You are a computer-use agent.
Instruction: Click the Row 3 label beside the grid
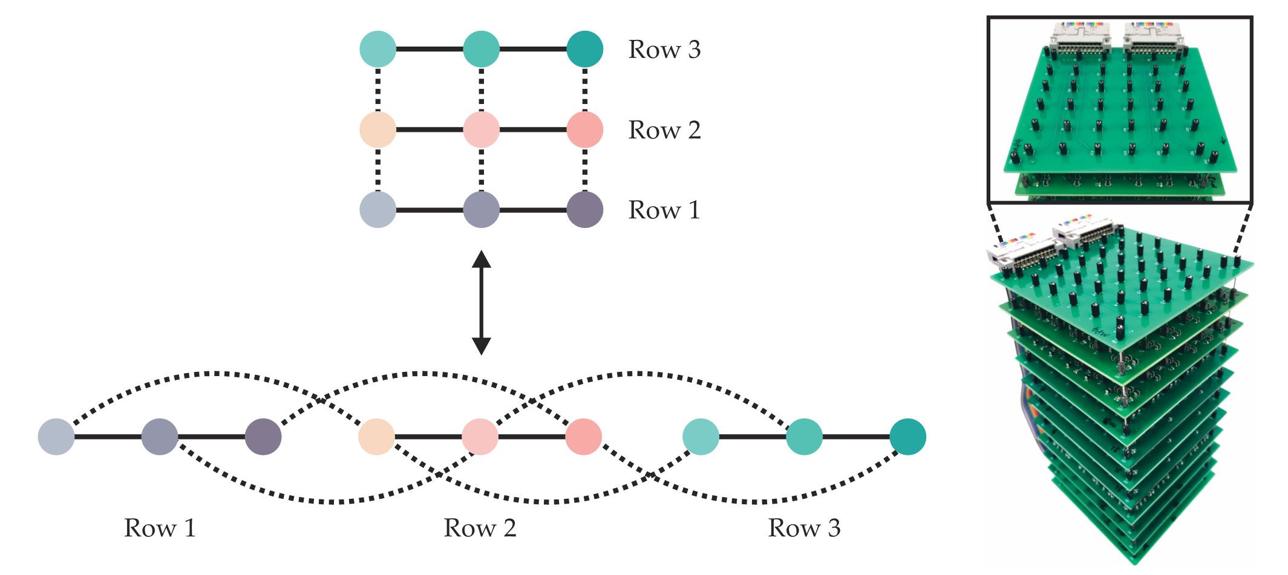tap(664, 50)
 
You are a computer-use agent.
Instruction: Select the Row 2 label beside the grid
tap(664, 130)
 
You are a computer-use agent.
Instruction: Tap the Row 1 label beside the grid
tap(664, 210)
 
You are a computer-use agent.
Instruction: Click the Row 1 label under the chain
tap(160, 528)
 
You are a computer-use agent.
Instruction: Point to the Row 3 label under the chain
tap(804, 528)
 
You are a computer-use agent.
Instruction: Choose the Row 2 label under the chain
tap(480, 528)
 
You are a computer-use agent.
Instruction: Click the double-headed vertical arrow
tap(481, 303)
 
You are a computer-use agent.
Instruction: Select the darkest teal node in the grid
tap(584, 49)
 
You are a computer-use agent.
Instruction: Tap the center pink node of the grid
tap(481, 129)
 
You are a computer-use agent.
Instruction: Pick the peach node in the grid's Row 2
tap(378, 129)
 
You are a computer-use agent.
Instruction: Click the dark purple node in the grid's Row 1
tap(584, 210)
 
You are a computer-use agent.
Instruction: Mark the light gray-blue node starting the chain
tap(56, 437)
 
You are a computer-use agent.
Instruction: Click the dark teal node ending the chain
tap(907, 437)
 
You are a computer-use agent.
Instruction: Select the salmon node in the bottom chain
tap(583, 437)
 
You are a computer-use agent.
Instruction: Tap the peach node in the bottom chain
tap(376, 437)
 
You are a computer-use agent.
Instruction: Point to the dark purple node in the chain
tap(263, 437)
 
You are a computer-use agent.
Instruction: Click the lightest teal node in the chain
tap(701, 437)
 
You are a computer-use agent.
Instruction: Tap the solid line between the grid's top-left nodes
tap(430, 49)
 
